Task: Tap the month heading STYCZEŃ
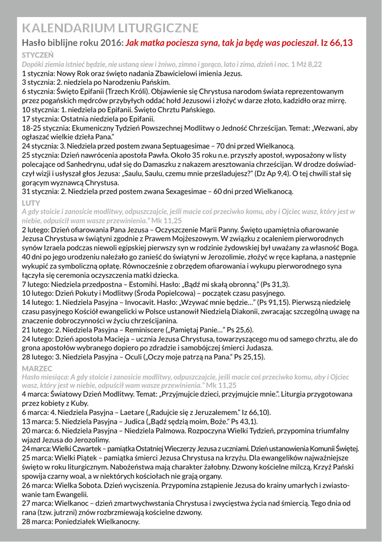click(38, 55)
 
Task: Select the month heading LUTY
click(30, 203)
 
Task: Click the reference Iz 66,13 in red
click(337, 43)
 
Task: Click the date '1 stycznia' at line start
click(38, 73)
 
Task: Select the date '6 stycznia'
click(38, 91)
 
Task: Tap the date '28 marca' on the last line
click(39, 521)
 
